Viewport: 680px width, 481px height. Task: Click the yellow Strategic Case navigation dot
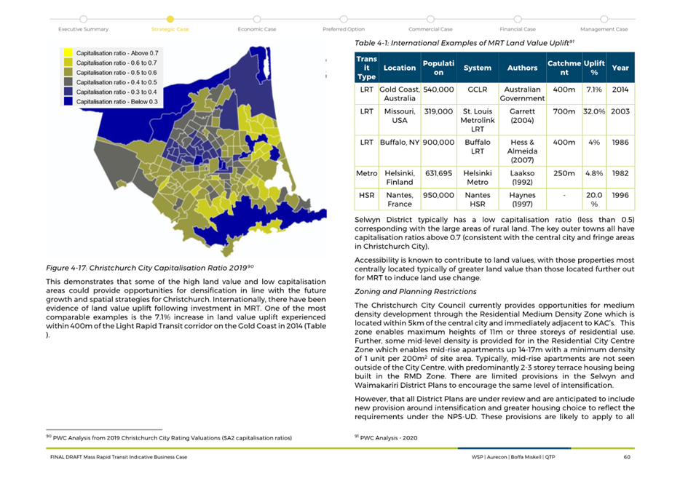click(170, 19)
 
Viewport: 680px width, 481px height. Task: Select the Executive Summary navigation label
click(83, 29)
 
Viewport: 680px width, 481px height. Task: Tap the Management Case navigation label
click(604, 29)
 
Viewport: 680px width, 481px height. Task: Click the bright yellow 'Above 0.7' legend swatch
click(68, 53)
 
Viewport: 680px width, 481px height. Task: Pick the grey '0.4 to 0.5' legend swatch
click(68, 82)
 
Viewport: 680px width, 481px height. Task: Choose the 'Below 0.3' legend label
click(117, 101)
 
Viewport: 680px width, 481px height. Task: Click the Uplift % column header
click(594, 68)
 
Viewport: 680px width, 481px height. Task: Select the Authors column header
click(522, 68)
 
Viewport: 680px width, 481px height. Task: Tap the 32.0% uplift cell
click(594, 111)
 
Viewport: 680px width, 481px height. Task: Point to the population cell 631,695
click(438, 173)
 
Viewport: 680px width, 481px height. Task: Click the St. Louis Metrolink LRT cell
click(477, 120)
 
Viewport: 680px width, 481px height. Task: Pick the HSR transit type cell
click(366, 195)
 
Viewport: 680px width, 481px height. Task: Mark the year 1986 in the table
click(620, 142)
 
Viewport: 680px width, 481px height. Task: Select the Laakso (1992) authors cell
click(522, 178)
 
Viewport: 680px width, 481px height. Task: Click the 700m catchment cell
click(564, 111)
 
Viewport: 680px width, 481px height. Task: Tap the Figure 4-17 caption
click(149, 268)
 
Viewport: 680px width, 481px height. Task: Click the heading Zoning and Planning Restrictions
click(416, 292)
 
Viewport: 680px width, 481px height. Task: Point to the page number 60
click(627, 457)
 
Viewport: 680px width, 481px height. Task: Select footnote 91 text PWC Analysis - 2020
click(386, 437)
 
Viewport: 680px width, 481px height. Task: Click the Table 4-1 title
click(464, 43)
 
